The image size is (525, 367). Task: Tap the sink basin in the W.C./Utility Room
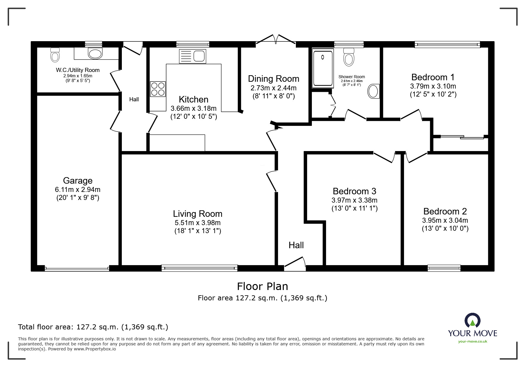click(95, 54)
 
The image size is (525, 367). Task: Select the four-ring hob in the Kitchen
click(158, 89)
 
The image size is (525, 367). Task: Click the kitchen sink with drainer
click(192, 56)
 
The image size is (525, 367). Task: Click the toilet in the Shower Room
click(349, 57)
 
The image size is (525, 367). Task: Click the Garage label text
click(78, 180)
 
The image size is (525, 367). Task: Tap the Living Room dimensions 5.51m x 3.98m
click(197, 223)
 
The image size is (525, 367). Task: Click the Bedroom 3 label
click(354, 191)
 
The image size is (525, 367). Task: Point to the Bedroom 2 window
click(444, 268)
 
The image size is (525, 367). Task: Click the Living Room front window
click(200, 268)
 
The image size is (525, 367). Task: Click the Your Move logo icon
click(472, 320)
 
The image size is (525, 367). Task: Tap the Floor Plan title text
click(262, 286)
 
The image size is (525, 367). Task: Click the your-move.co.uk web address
click(473, 342)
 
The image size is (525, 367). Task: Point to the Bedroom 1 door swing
click(411, 115)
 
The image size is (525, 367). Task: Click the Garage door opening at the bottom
click(77, 269)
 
